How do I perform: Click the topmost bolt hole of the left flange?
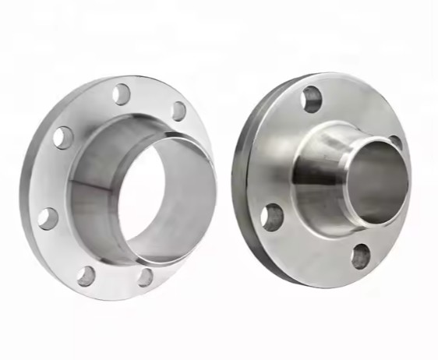click(121, 94)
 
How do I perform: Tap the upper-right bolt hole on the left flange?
click(178, 111)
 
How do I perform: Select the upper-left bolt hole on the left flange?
click(63, 138)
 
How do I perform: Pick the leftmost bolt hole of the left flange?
click(48, 218)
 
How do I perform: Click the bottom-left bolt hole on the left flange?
click(86, 275)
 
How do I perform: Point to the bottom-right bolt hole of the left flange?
click(145, 276)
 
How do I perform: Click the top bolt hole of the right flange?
click(312, 98)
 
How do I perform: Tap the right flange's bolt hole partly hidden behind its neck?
click(395, 143)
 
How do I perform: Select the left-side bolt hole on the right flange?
click(272, 217)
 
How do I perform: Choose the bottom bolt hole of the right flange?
click(360, 256)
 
